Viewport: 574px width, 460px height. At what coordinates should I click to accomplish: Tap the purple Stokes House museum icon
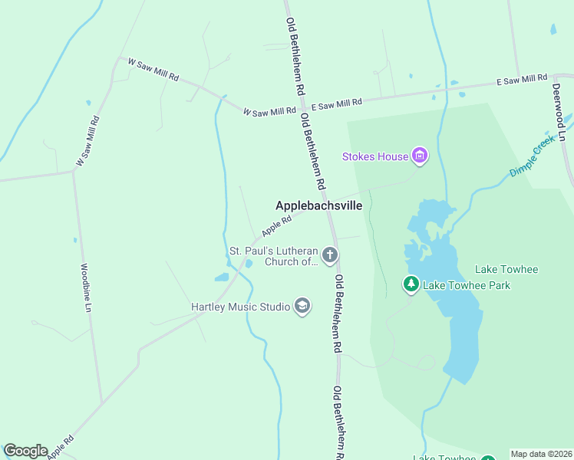419,156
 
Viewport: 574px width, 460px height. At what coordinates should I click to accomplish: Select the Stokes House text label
375,157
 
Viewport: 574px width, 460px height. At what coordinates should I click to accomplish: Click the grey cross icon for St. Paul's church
330,255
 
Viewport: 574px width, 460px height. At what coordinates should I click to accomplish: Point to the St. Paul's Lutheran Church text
273,256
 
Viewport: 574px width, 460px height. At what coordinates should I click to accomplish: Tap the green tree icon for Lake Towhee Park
411,285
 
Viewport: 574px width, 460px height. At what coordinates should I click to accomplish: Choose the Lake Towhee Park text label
467,285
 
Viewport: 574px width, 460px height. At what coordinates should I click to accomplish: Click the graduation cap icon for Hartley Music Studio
302,307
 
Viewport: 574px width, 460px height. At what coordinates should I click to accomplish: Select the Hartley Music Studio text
240,307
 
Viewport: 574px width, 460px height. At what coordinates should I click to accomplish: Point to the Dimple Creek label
532,157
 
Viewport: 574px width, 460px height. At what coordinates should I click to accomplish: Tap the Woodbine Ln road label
86,288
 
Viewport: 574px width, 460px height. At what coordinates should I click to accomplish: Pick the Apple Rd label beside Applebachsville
276,225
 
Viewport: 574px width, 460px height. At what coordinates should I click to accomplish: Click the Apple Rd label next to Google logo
61,447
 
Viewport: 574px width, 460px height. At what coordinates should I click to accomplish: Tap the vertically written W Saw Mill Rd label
87,141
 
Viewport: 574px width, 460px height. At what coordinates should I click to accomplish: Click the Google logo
25,451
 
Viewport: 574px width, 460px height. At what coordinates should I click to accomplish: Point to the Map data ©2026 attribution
541,454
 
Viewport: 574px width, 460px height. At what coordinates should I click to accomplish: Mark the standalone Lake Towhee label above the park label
506,269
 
